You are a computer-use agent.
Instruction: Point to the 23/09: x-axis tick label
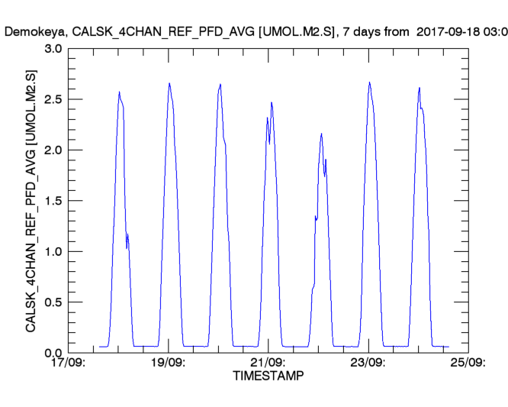coord(368,363)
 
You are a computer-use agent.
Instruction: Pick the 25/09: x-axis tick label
coord(468,363)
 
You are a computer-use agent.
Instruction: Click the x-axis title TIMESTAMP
coord(268,376)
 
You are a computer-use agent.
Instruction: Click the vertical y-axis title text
coord(31,201)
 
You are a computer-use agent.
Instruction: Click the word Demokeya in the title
coord(31,32)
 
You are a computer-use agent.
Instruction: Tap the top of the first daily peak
coord(119,92)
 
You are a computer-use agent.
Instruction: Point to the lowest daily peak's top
coord(321,134)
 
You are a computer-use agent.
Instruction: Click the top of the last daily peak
coord(420,88)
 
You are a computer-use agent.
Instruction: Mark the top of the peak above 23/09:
coord(369,82)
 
